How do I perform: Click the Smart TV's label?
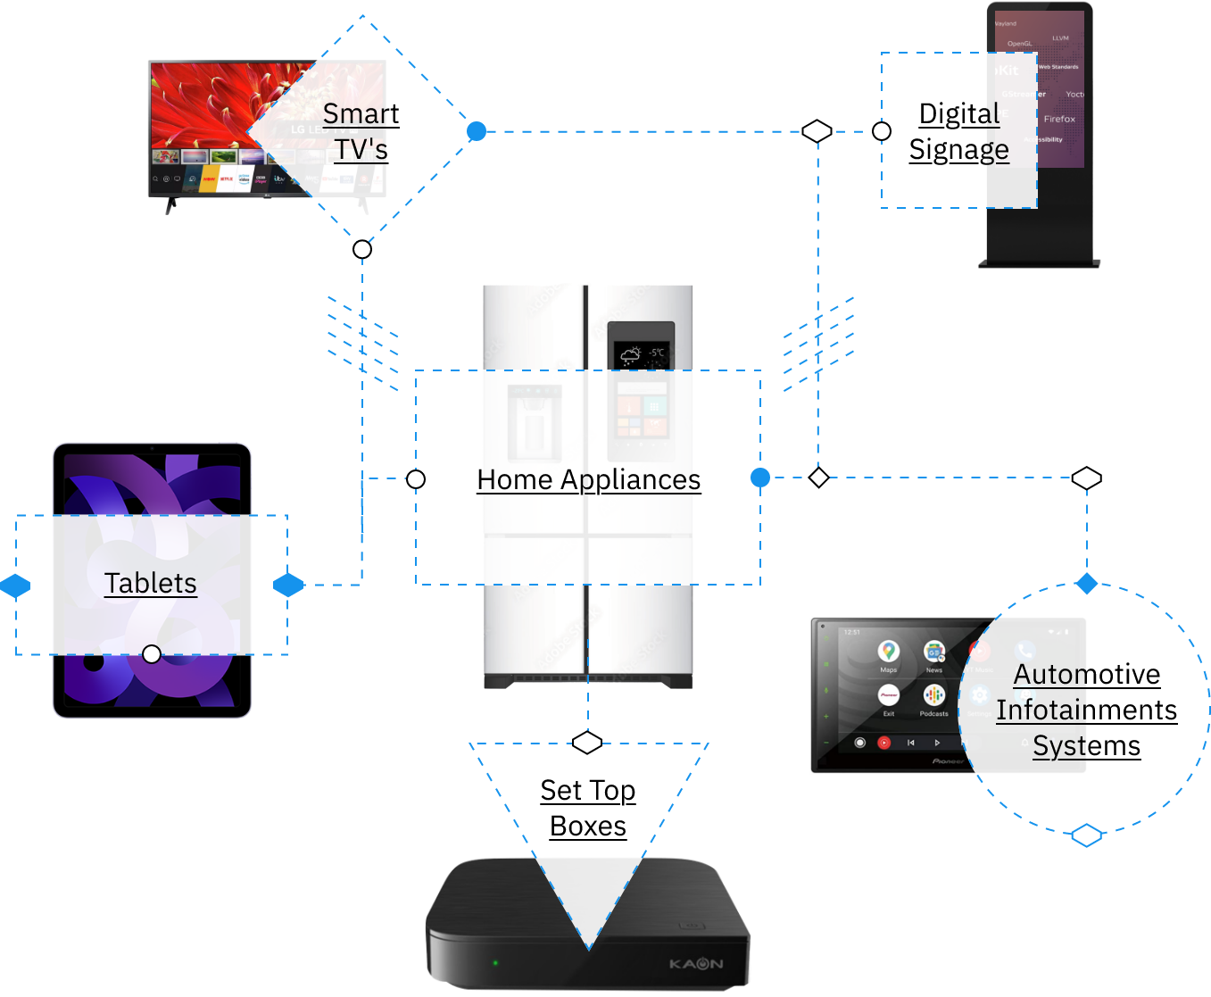tap(361, 131)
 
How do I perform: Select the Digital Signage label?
tap(959, 131)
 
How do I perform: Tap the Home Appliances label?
tap(589, 479)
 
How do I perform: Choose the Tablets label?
tap(151, 583)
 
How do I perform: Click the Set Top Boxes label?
tap(588, 808)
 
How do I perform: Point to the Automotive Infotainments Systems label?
tap(1086, 710)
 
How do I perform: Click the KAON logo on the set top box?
tap(696, 964)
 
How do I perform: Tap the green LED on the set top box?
tap(495, 963)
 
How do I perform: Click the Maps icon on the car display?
tap(888, 652)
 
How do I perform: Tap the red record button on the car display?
tap(883, 743)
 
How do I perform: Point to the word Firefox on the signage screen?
tap(1059, 119)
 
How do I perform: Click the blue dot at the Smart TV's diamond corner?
tap(477, 131)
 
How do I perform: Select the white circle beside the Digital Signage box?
tap(882, 131)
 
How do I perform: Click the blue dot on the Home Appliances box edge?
tap(760, 478)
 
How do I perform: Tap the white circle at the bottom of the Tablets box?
tap(152, 654)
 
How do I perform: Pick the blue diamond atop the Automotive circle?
tap(1086, 584)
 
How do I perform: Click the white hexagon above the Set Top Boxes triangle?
tap(587, 743)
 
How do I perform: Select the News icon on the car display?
tap(933, 652)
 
